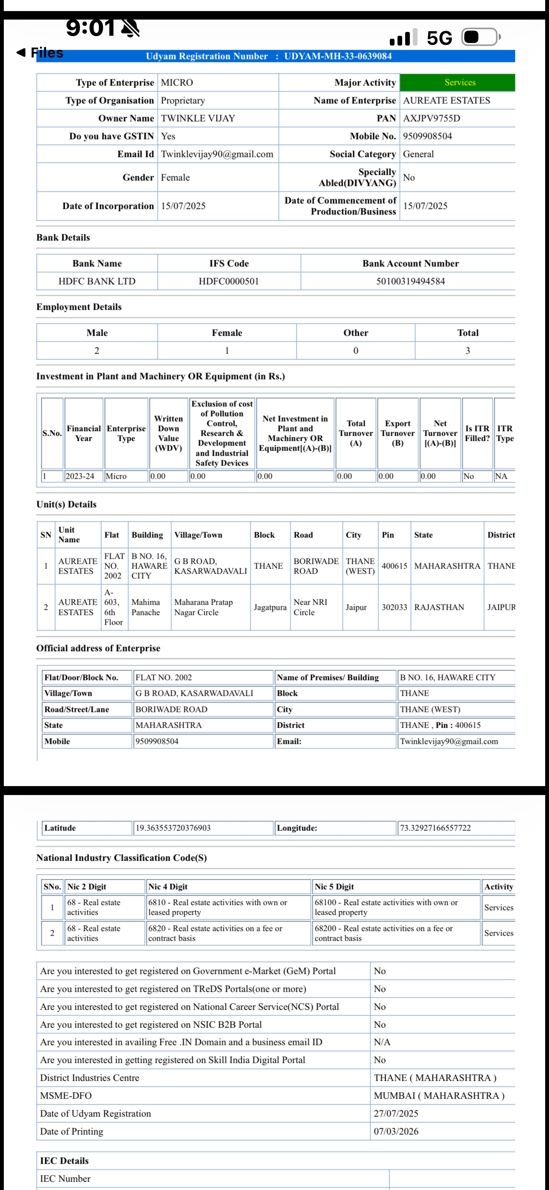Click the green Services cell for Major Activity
459,83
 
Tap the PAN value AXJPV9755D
431,118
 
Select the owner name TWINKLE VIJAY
198,118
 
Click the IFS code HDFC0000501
229,281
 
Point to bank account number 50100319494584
410,281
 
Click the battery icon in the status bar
480,37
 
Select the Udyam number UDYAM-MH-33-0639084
338,56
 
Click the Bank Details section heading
63,237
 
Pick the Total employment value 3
468,351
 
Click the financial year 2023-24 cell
80,476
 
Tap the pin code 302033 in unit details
394,607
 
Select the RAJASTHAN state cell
439,607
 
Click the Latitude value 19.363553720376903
173,828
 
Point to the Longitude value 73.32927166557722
435,828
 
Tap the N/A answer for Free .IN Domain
382,1042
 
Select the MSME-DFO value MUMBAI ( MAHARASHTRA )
439,1096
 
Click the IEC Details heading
64,1161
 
